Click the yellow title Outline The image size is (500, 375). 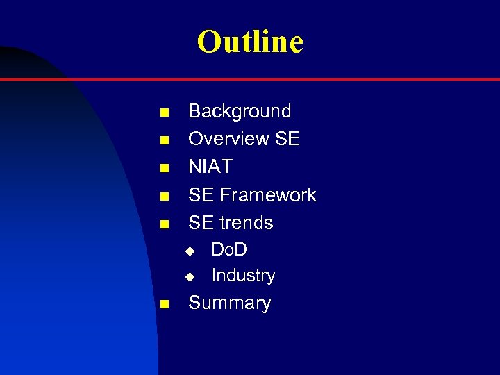click(250, 42)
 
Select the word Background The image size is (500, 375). click(240, 111)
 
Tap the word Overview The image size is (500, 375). click(228, 139)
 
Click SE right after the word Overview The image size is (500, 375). click(287, 139)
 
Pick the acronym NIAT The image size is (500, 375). click(210, 167)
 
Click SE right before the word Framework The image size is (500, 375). click(201, 195)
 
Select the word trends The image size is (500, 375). click(247, 223)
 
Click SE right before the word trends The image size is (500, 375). click(201, 223)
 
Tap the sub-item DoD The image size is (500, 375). click(229, 249)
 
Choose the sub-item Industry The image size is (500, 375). click(243, 276)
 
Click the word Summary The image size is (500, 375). click(230, 303)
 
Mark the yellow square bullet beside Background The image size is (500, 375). click(164, 112)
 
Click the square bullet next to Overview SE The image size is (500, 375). click(164, 140)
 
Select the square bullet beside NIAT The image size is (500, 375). click(164, 168)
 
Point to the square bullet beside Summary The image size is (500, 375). click(164, 304)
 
